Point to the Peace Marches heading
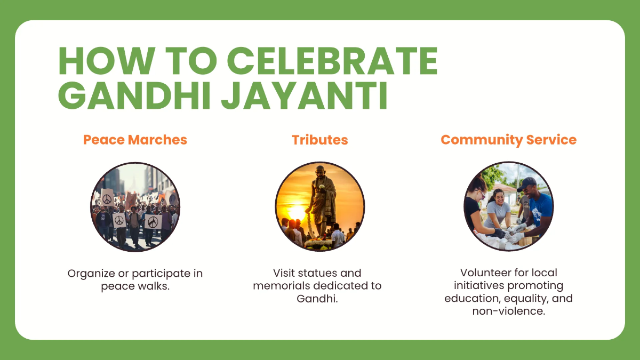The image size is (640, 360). point(135,140)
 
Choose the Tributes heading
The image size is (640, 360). point(319,140)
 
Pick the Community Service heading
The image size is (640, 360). point(508,140)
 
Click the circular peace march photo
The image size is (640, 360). point(135,206)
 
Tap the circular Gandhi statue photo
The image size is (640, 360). point(319,206)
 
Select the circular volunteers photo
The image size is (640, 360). point(508,206)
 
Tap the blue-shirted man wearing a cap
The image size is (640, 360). point(535,205)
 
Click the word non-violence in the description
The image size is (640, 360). point(508,311)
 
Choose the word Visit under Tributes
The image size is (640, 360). point(285,274)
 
